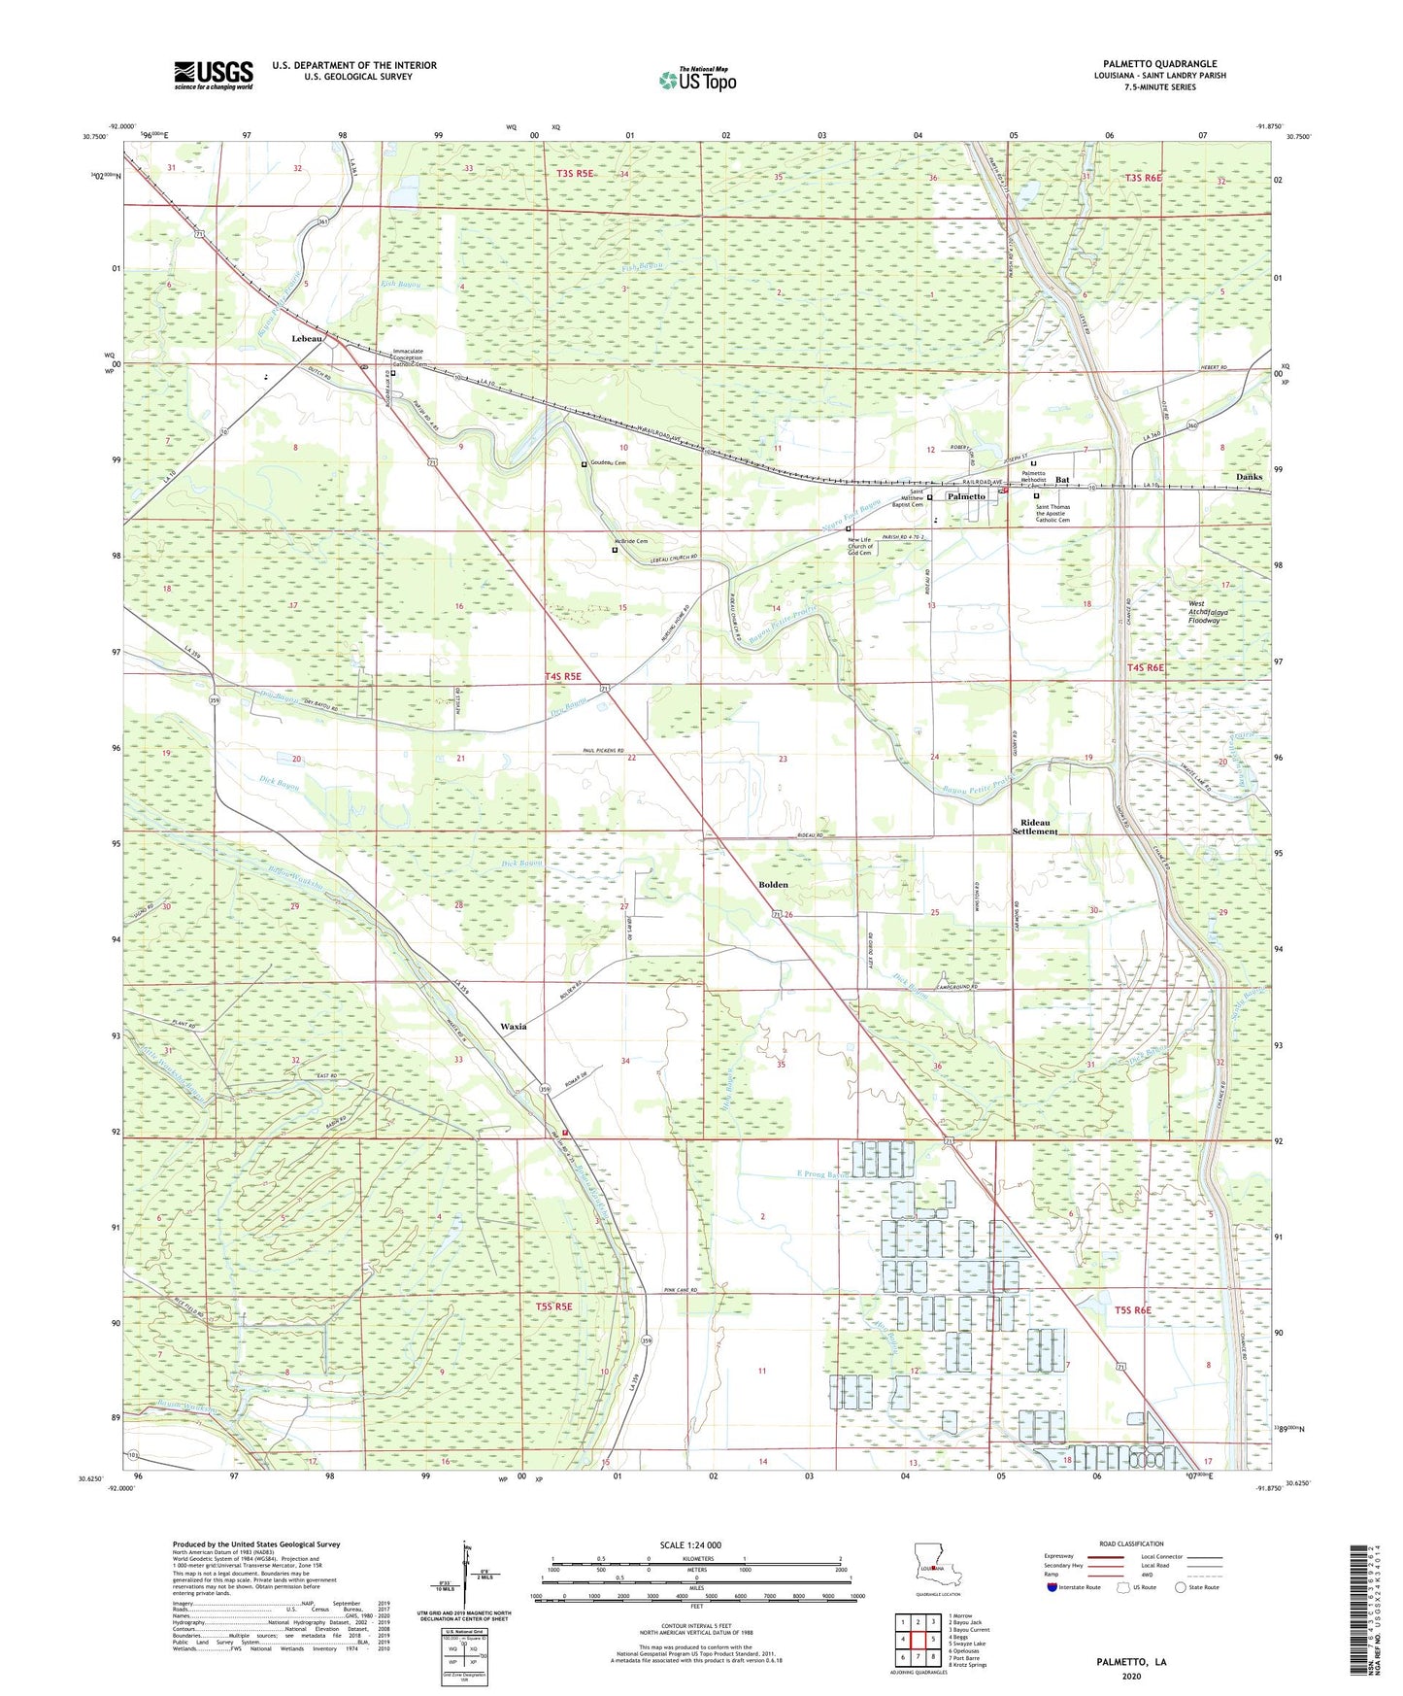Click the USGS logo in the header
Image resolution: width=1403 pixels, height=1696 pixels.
[x=214, y=75]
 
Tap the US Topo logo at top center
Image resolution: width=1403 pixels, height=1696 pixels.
[x=696, y=80]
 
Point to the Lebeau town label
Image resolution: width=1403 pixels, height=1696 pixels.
[x=308, y=339]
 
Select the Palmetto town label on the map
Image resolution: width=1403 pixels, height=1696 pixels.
[x=966, y=496]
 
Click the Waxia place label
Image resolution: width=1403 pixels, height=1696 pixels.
[x=513, y=1027]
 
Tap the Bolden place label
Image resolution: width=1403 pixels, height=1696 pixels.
[x=773, y=885]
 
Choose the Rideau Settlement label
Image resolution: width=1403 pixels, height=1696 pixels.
[x=1034, y=827]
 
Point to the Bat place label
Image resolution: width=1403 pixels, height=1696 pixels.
[x=1062, y=480]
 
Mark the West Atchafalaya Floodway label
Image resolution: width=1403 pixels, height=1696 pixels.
[x=1210, y=612]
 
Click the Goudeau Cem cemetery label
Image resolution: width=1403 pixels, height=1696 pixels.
[x=607, y=463]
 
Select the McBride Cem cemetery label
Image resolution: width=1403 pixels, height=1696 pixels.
[x=630, y=541]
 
